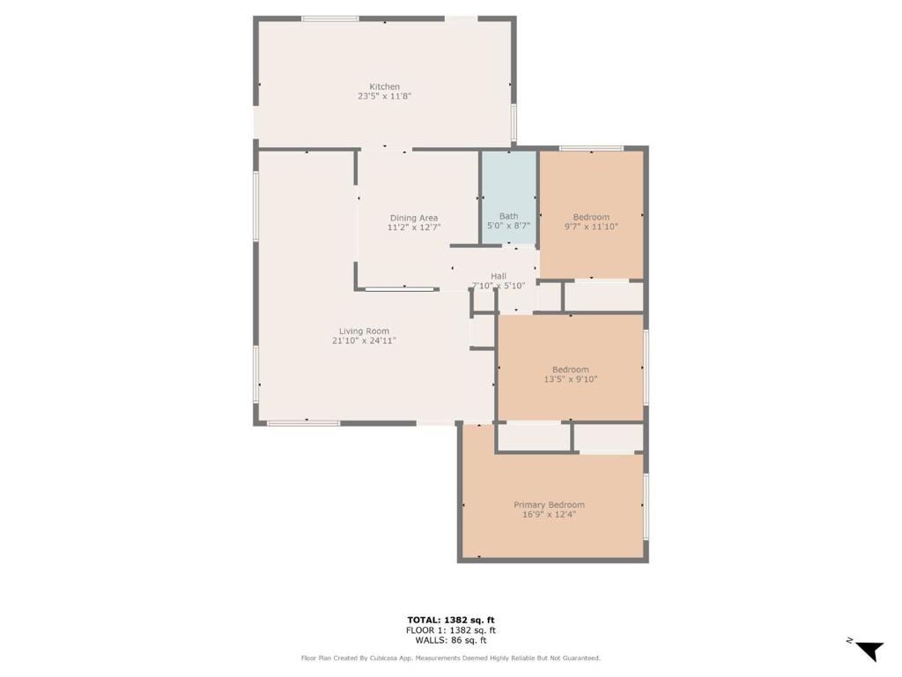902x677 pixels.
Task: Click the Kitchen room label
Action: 384,87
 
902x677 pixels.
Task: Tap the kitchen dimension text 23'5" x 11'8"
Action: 384,96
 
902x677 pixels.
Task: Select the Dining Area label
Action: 414,219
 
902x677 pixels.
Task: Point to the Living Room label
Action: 364,331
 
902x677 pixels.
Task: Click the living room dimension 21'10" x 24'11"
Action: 364,341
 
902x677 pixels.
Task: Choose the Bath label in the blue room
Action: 508,217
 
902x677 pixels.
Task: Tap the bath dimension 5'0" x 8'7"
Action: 508,227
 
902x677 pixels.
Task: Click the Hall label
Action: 499,276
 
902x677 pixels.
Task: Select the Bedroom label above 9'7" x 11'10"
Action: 591,217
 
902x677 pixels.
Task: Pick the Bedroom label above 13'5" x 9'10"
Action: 570,369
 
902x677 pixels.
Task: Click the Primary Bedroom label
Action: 549,505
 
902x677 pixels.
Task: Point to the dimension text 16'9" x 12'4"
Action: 549,515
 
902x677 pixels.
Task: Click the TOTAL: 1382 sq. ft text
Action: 450,620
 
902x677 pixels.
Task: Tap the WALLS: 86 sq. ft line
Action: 450,640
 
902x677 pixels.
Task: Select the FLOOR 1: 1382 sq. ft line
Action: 450,630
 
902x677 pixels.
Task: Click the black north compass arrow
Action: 869,651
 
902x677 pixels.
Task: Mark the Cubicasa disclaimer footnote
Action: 450,658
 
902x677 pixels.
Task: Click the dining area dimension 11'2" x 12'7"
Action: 414,227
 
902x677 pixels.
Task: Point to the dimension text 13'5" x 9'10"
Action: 570,379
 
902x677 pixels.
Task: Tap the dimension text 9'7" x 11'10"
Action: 591,227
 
